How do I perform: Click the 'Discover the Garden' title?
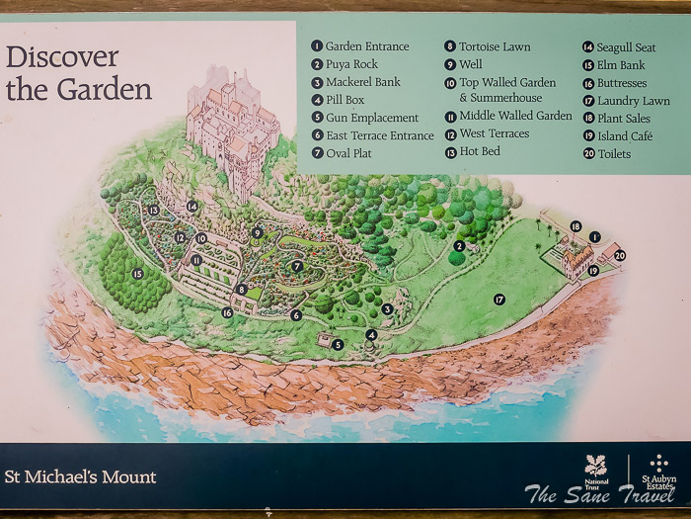tap(79, 73)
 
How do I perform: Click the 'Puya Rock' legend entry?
tap(351, 64)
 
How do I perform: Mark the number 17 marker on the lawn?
tap(499, 299)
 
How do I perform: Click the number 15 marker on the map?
tap(137, 273)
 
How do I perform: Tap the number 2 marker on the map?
tap(458, 246)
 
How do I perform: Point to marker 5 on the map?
tap(338, 344)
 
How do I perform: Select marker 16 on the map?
tap(227, 312)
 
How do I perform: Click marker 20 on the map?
tap(619, 255)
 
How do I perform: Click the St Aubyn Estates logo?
tap(658, 472)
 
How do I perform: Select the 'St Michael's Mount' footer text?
tap(81, 477)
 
